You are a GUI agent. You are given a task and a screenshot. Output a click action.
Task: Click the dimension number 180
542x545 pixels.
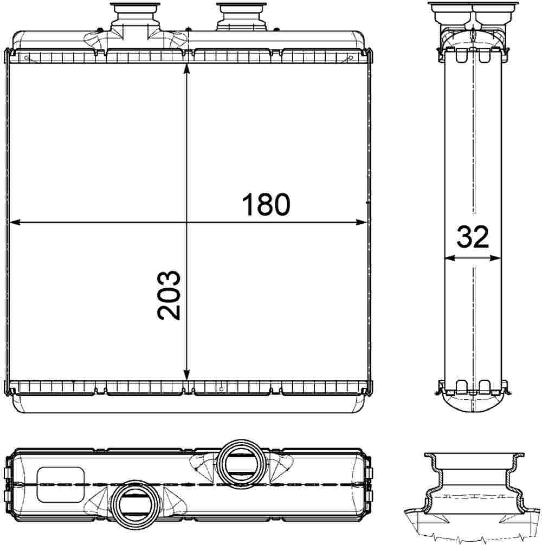click(266, 204)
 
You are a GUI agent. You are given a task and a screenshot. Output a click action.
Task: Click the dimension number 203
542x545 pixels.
click(169, 295)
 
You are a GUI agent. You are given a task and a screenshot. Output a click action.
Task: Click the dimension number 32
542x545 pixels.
click(473, 237)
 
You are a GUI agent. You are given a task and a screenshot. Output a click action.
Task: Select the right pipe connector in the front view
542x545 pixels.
click(242, 16)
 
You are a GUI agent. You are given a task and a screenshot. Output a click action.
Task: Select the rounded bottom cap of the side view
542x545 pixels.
click(473, 404)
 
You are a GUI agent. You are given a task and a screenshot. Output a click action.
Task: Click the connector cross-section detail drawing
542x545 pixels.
click(473, 493)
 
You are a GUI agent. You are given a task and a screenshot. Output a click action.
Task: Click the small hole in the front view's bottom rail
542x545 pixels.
click(221, 388)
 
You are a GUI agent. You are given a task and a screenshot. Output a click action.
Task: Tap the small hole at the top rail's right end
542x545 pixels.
click(351, 57)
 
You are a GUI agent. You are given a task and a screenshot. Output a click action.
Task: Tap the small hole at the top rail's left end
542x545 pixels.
click(25, 57)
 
